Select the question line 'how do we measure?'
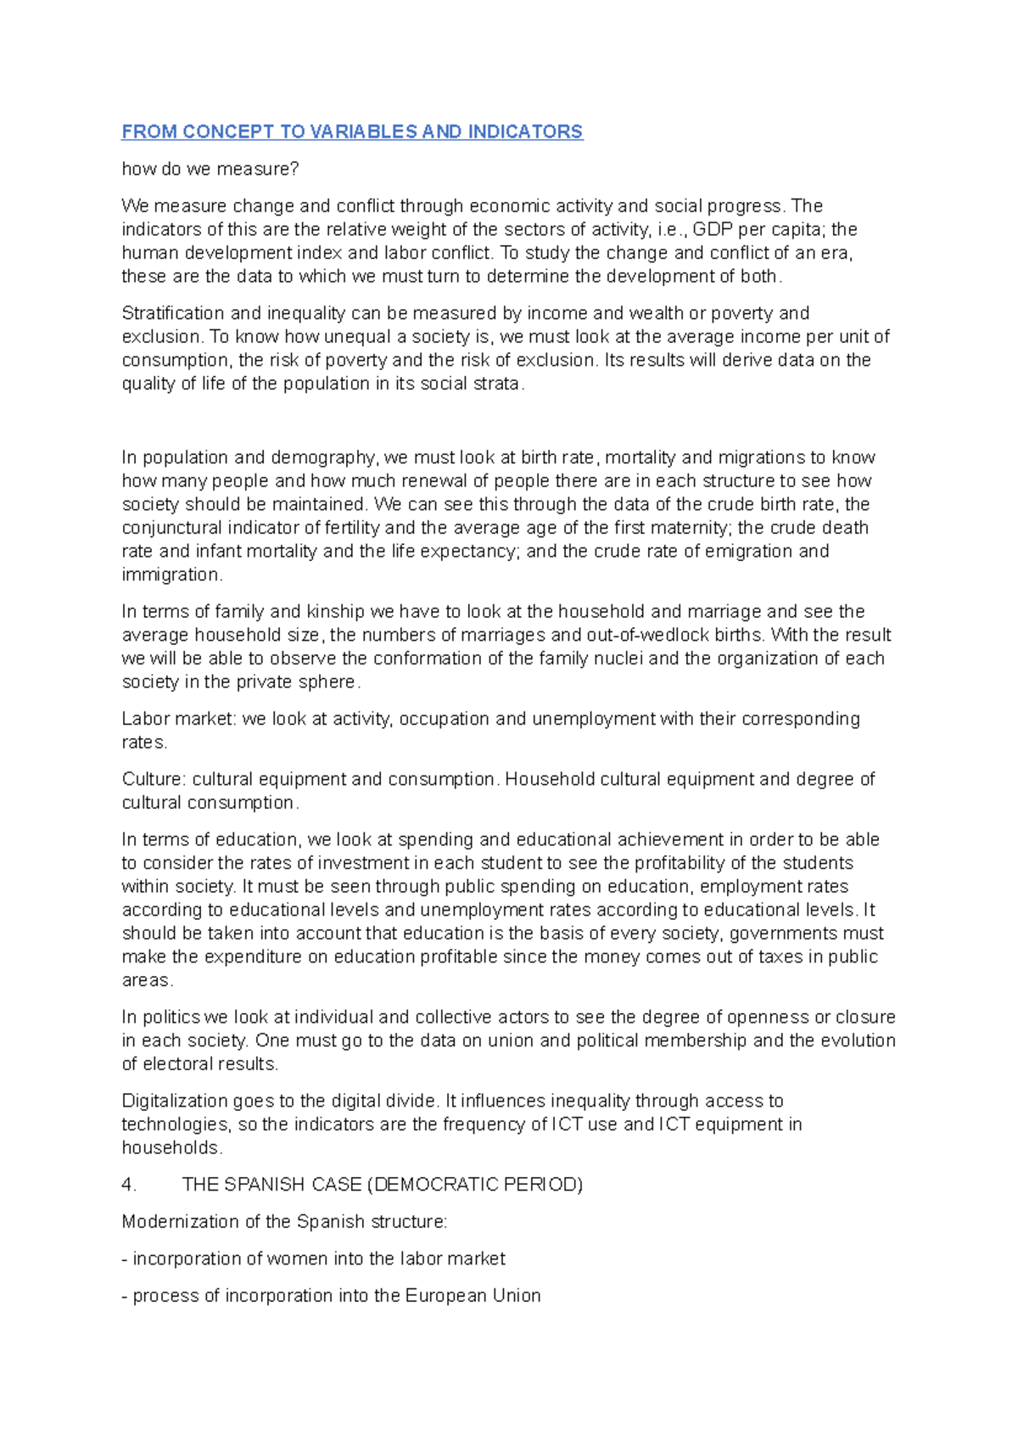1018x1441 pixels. [210, 169]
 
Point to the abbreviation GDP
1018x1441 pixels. [713, 229]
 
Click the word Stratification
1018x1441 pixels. [170, 313]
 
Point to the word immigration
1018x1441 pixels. [171, 575]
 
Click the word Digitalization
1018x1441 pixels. [176, 1102]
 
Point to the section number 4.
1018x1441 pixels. [129, 1185]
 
